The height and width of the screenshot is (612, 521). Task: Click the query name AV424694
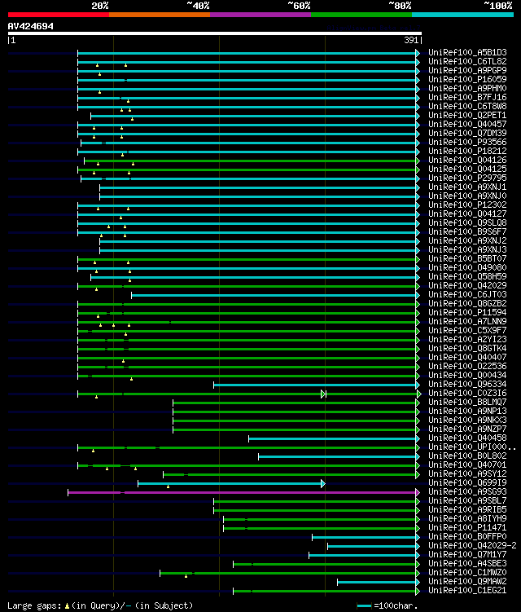(31, 26)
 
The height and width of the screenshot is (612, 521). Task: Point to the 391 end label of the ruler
(412, 40)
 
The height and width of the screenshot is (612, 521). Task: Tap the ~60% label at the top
(299, 5)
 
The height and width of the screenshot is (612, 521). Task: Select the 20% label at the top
(100, 5)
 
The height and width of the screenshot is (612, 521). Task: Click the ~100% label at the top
(498, 5)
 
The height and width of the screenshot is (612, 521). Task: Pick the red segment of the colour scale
(58, 14)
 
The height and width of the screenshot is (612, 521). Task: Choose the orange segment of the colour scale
(159, 14)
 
